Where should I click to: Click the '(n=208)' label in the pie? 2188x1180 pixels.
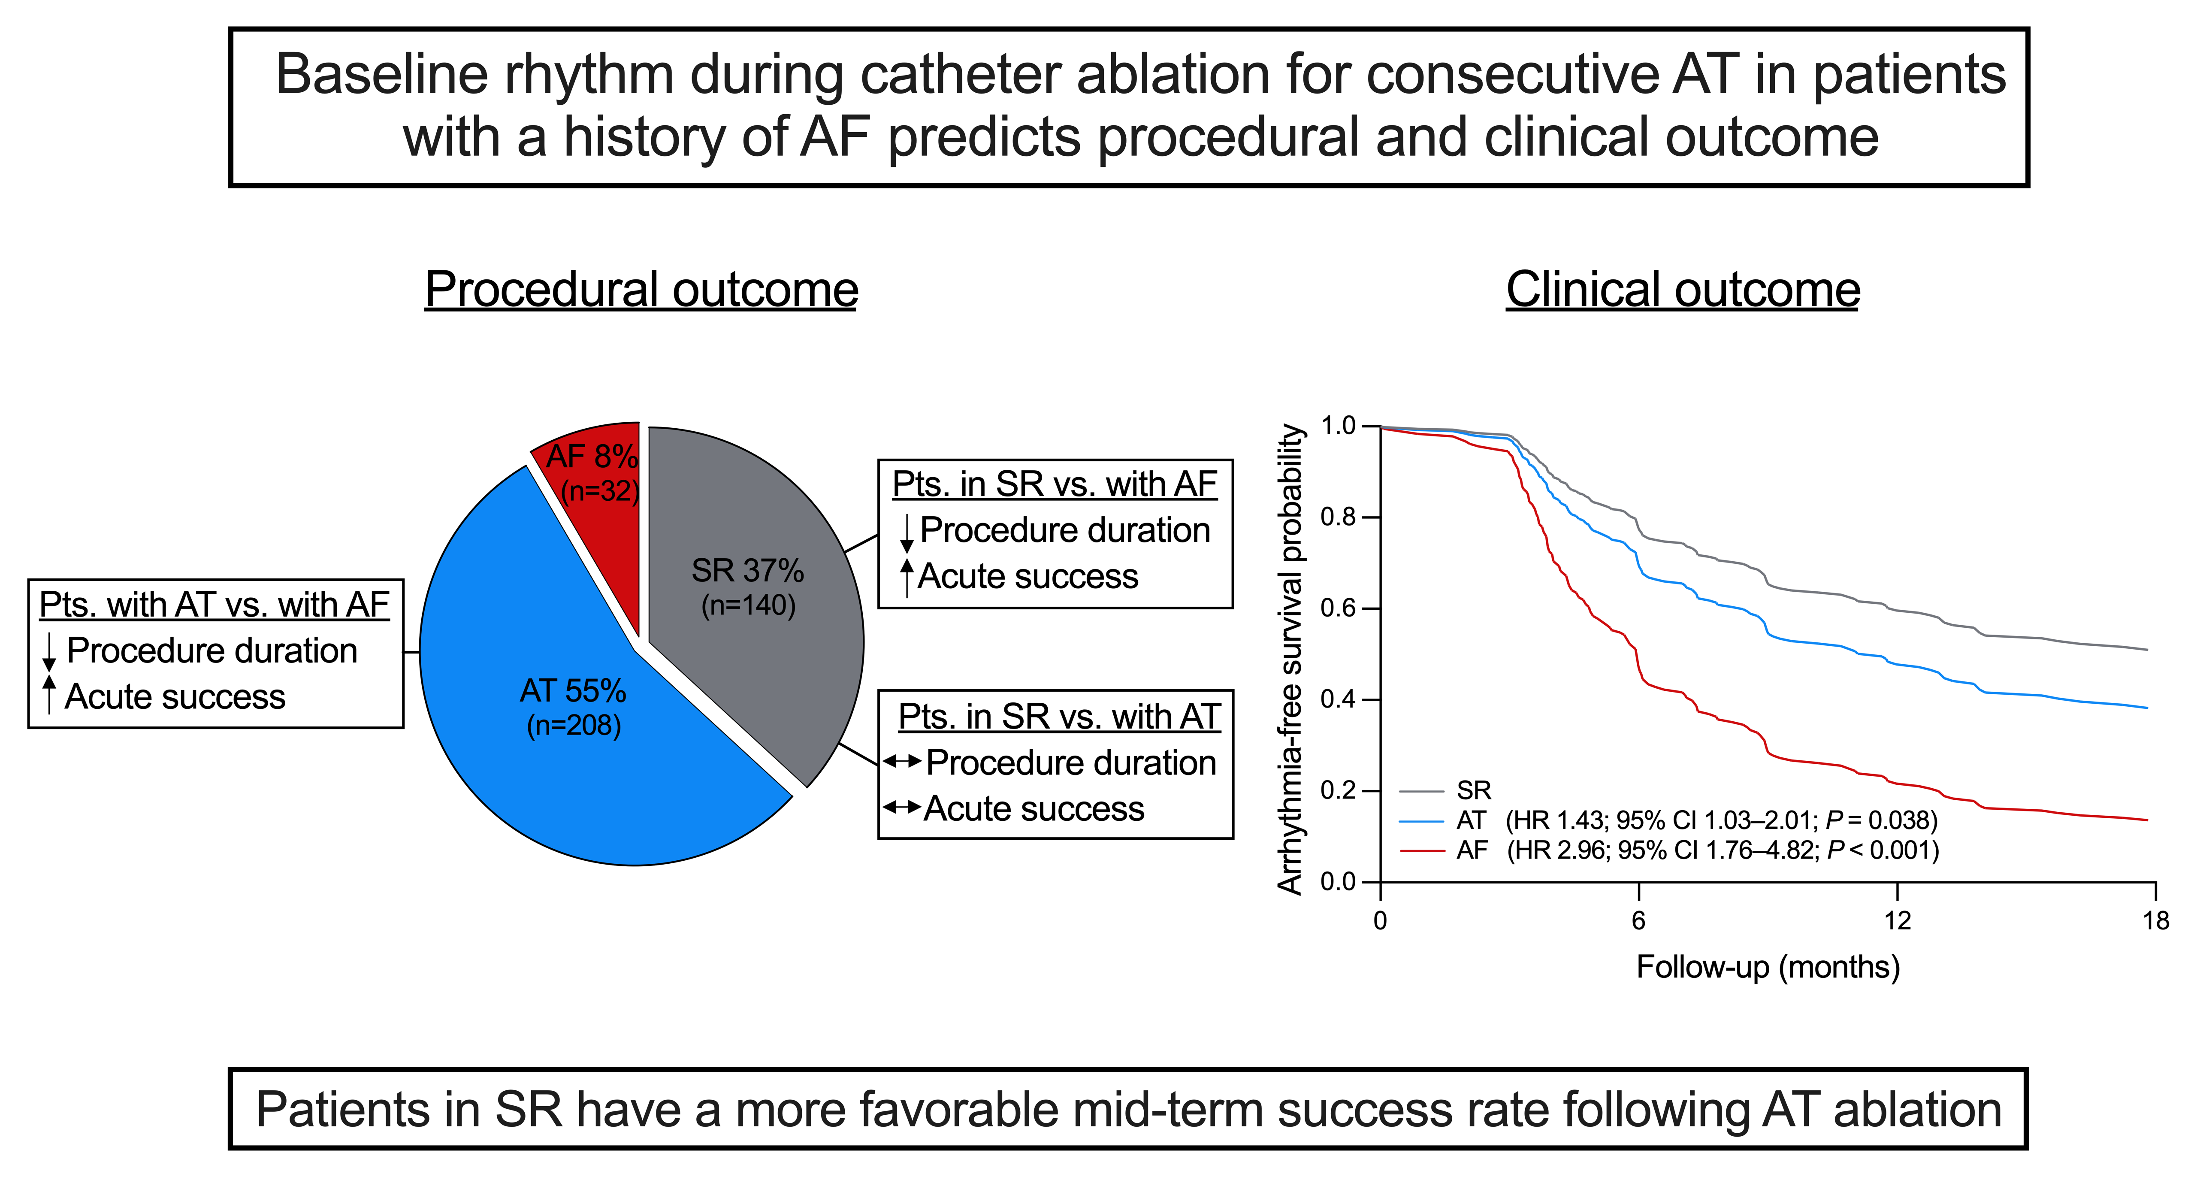574,726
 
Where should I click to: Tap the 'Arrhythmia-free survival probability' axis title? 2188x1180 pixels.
1290,659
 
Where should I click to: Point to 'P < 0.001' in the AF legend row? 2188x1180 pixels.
1879,850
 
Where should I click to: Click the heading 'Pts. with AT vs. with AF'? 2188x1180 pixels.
214,605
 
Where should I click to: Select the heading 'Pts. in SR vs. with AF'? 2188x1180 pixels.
1055,484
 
